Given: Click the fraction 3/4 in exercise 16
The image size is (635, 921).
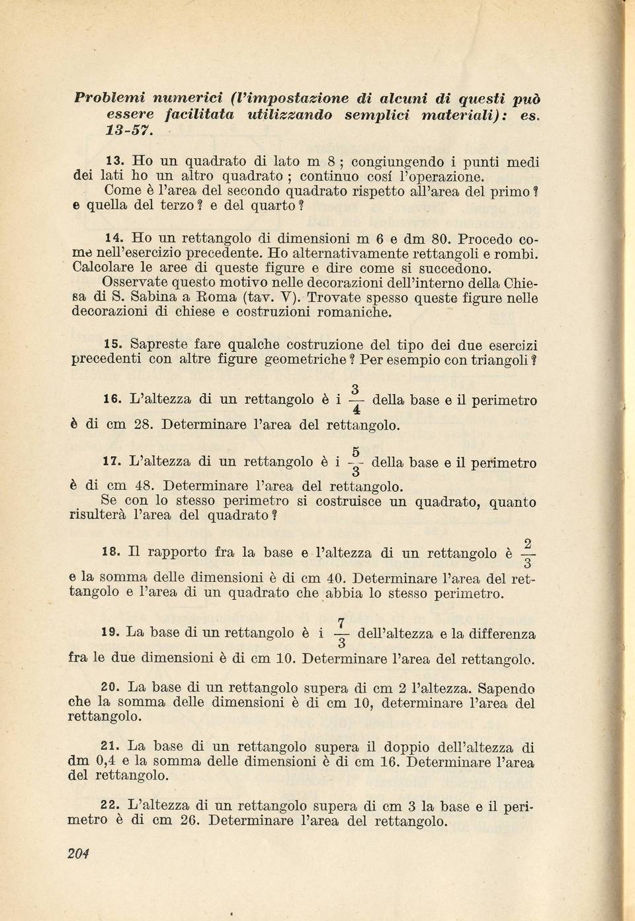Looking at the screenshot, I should (356, 400).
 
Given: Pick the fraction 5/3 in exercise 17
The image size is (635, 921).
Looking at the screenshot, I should (356, 462).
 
